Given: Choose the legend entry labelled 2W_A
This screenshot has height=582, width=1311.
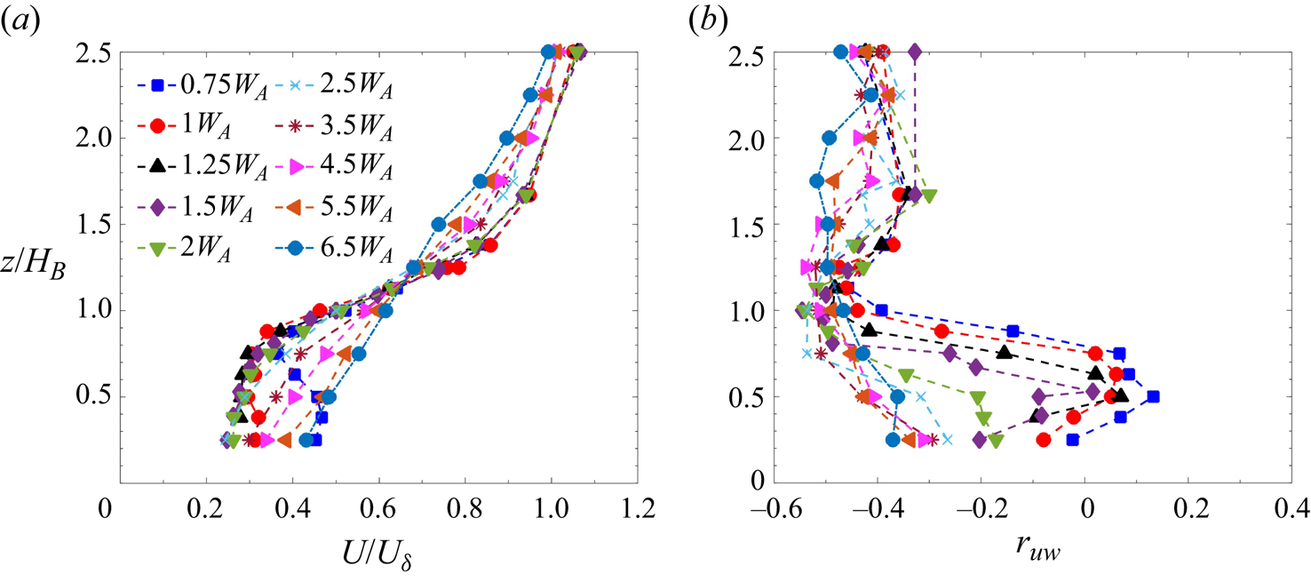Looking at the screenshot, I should click(x=190, y=251).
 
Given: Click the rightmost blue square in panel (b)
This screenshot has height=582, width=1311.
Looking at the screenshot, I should click(x=1153, y=396).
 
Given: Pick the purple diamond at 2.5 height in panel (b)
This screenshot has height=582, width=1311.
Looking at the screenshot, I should click(x=915, y=52).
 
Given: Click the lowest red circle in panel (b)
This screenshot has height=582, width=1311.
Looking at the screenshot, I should click(x=1044, y=439).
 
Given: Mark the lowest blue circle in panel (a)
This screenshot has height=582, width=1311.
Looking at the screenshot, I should click(x=306, y=439).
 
